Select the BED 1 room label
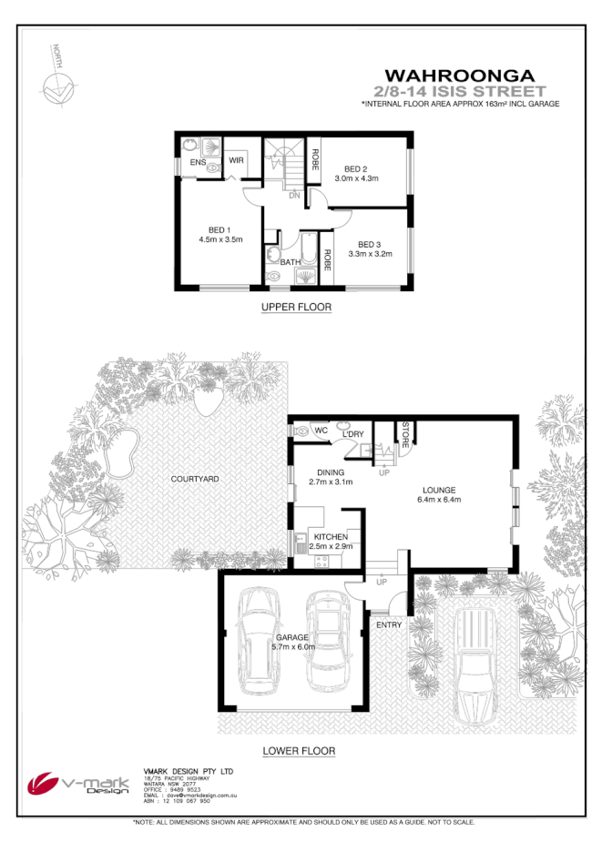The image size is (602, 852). [219, 229]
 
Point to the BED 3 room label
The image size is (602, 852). [369, 244]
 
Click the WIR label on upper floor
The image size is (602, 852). [236, 160]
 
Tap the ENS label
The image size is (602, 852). [197, 162]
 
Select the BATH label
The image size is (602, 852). [291, 262]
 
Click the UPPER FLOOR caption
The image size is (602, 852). [296, 308]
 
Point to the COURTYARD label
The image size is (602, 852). [195, 479]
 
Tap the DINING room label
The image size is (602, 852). [330, 472]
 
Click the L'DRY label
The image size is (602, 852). [353, 434]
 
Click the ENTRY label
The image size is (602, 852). [389, 624]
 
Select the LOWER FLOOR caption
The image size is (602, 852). [299, 751]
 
